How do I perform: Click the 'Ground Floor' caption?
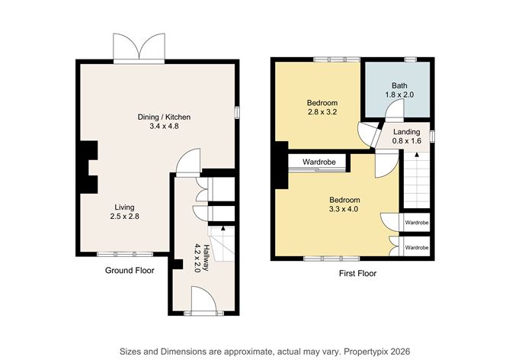pos(130,270)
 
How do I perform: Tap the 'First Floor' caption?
pos(357,273)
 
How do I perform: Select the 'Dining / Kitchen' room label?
pos(164,117)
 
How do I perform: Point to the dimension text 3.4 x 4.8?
pos(164,126)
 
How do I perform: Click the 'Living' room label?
pos(124,207)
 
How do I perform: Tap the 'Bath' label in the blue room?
pos(399,85)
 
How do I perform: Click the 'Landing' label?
pos(406,132)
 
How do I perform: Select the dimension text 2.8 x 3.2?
pos(322,112)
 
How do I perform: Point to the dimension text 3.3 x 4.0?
pos(344,209)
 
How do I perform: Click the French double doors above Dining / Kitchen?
pos(139,47)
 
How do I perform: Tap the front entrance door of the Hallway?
pos(203,300)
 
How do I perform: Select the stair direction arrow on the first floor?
pos(417,155)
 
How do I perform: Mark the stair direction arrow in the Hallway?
pos(222,228)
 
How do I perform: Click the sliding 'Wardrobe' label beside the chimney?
pos(319,162)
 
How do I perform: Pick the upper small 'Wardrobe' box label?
pos(417,223)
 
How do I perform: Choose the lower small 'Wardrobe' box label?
pos(417,248)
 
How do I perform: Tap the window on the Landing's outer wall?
pos(432,136)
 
